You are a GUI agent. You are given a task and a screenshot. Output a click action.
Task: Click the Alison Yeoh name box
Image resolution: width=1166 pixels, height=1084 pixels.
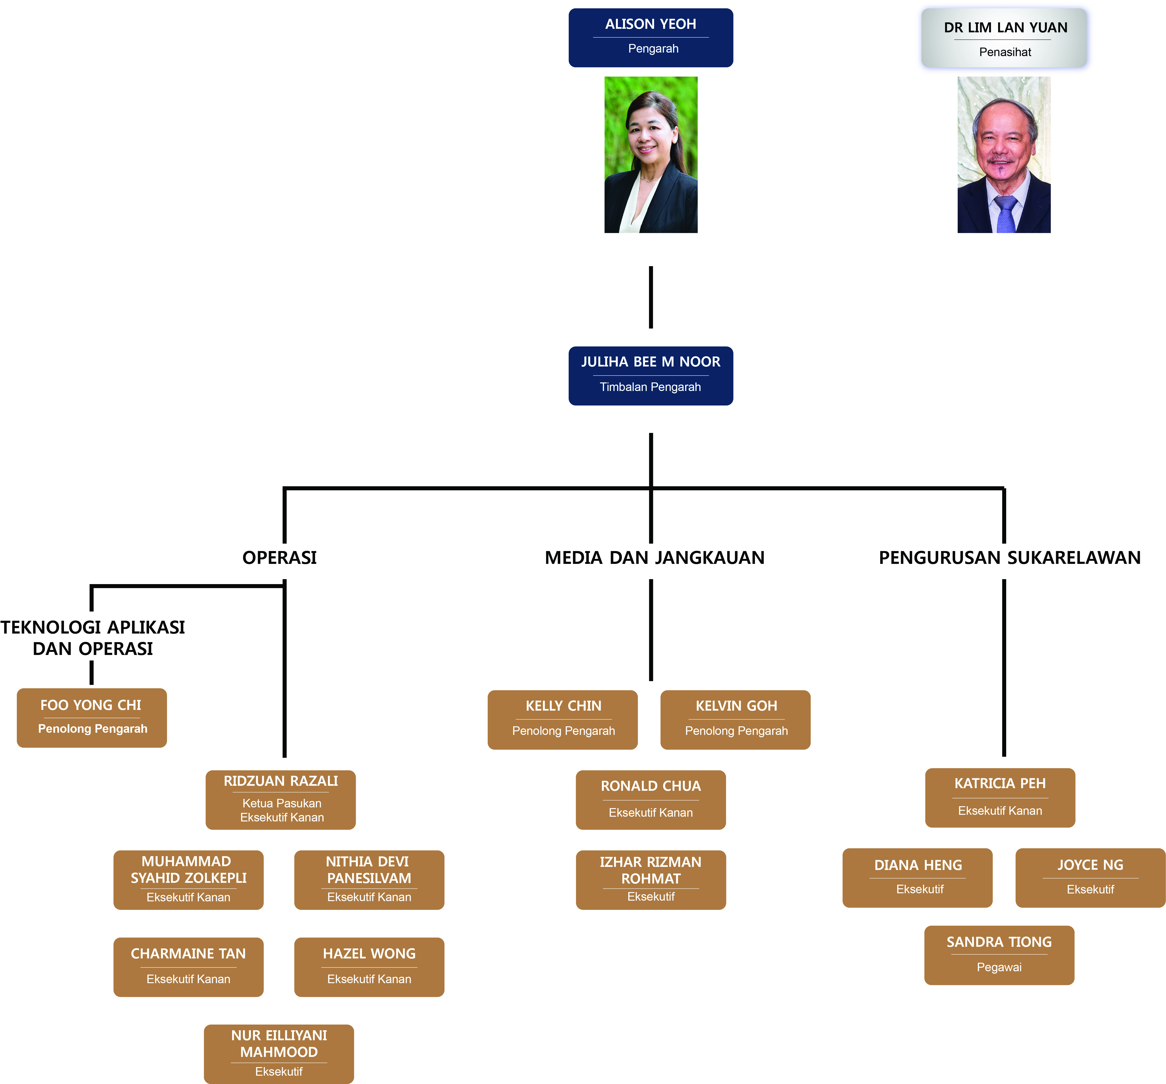click(x=650, y=38)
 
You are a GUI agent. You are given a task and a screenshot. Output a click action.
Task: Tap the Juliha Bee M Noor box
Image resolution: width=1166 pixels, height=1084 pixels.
click(x=650, y=376)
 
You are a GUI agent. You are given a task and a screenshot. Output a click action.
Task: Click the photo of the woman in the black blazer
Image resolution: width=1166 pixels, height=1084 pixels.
click(x=650, y=155)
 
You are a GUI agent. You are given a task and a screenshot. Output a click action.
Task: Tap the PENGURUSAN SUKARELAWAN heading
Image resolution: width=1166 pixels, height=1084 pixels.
click(x=1009, y=557)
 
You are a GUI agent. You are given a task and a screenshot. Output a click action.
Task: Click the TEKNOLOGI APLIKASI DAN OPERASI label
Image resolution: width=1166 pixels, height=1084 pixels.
click(x=93, y=638)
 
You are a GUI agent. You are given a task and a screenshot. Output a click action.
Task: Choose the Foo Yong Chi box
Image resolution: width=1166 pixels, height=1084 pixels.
click(x=92, y=717)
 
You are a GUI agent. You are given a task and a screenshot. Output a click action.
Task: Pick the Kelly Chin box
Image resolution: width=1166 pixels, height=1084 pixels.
click(x=562, y=719)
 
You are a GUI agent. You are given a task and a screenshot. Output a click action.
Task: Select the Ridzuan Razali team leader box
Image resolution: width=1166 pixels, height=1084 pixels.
click(x=280, y=800)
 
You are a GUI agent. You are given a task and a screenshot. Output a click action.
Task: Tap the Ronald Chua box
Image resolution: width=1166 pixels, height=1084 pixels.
click(x=650, y=800)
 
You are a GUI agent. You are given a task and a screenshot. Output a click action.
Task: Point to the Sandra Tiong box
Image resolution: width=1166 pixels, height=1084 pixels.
click(x=999, y=955)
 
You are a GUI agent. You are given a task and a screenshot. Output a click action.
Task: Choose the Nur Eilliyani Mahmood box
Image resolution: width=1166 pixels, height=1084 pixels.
click(x=278, y=1054)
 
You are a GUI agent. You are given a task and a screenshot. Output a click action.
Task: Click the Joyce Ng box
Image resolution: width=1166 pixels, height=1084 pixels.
click(x=1090, y=878)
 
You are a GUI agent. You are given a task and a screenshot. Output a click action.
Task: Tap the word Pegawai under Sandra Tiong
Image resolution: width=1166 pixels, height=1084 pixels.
click(x=999, y=967)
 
